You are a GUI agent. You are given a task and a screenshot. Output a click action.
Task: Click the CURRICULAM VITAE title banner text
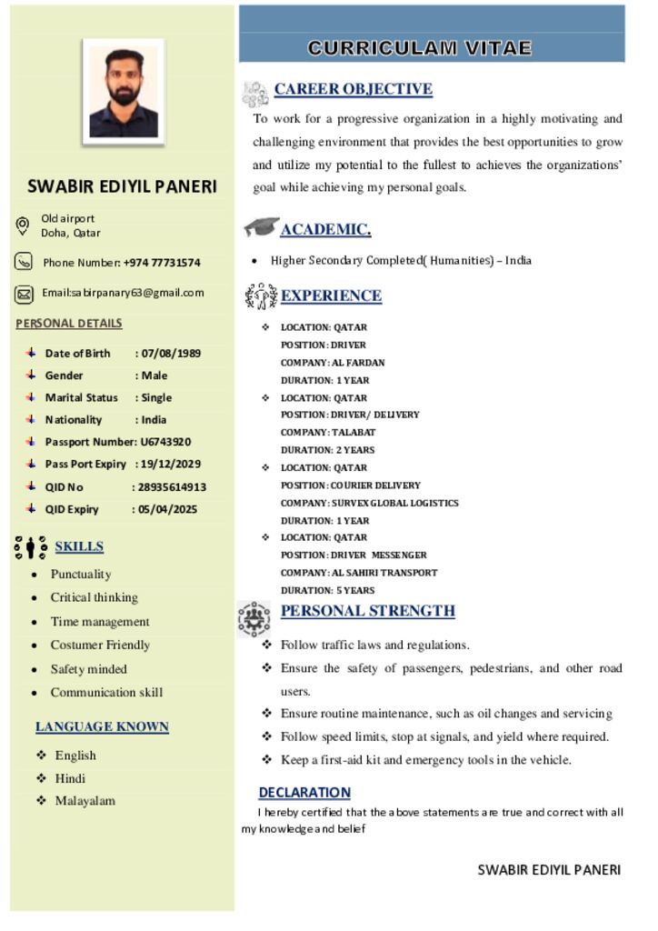(x=419, y=48)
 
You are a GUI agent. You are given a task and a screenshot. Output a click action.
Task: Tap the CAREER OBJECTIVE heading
(x=353, y=89)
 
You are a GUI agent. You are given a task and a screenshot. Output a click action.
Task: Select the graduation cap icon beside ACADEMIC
(x=261, y=227)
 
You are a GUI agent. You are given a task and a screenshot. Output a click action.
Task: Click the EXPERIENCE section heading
(x=331, y=295)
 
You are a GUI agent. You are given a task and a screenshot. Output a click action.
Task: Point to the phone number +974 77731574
(x=162, y=263)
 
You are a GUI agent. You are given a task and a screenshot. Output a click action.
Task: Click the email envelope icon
(x=25, y=294)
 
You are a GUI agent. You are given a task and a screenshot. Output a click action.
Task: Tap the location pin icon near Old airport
(x=24, y=225)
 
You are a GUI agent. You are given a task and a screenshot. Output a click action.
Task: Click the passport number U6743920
(x=165, y=442)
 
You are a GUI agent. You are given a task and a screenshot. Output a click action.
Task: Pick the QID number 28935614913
(x=172, y=486)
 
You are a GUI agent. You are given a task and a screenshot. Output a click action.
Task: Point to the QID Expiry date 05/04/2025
(x=168, y=509)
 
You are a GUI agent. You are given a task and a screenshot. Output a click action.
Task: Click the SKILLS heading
(x=79, y=546)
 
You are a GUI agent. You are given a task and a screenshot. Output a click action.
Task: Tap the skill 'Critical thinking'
(x=95, y=597)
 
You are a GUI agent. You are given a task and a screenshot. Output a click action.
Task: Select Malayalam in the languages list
(x=85, y=801)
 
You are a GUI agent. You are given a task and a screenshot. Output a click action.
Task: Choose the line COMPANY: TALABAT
(x=328, y=432)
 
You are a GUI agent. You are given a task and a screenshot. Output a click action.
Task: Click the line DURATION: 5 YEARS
(x=327, y=590)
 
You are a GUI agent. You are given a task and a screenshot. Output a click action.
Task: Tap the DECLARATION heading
(x=304, y=792)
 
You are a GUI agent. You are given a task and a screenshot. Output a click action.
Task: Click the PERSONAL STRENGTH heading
(x=367, y=611)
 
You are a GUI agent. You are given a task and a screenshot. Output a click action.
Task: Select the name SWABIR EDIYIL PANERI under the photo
(x=122, y=187)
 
